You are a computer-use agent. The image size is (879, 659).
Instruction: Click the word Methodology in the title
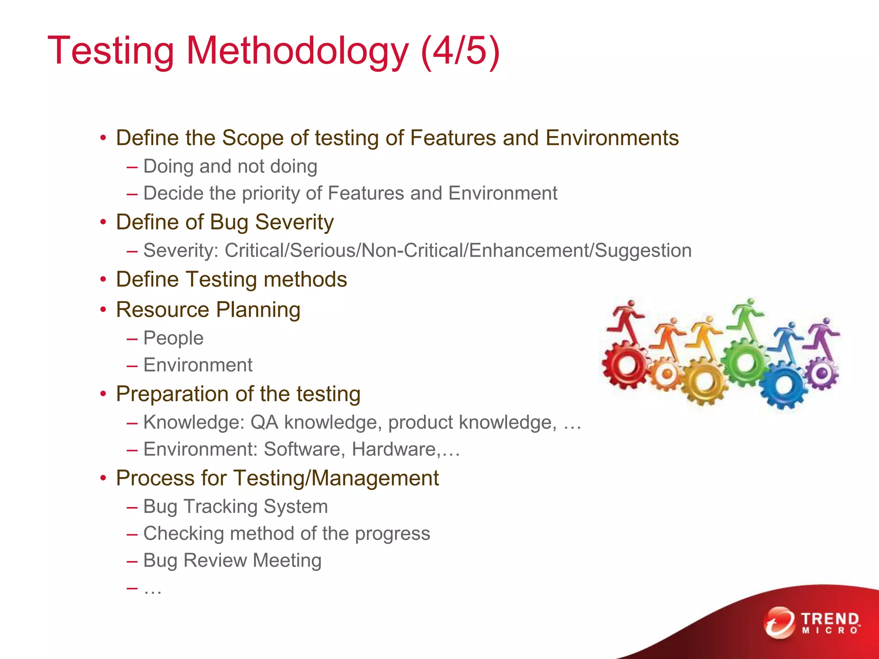coord(297,51)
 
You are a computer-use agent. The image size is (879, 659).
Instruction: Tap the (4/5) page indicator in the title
coord(460,51)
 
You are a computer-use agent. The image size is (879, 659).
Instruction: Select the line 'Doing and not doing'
coord(230,166)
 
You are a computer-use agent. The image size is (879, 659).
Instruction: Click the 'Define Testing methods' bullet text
coord(231,279)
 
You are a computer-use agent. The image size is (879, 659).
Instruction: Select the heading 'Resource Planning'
coord(208,310)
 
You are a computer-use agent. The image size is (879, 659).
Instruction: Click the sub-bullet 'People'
coord(173,338)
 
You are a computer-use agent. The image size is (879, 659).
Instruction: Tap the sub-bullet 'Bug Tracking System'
coord(235,507)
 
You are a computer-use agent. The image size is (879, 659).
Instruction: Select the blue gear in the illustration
coord(784,385)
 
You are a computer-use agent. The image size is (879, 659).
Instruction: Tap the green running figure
coord(747,320)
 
